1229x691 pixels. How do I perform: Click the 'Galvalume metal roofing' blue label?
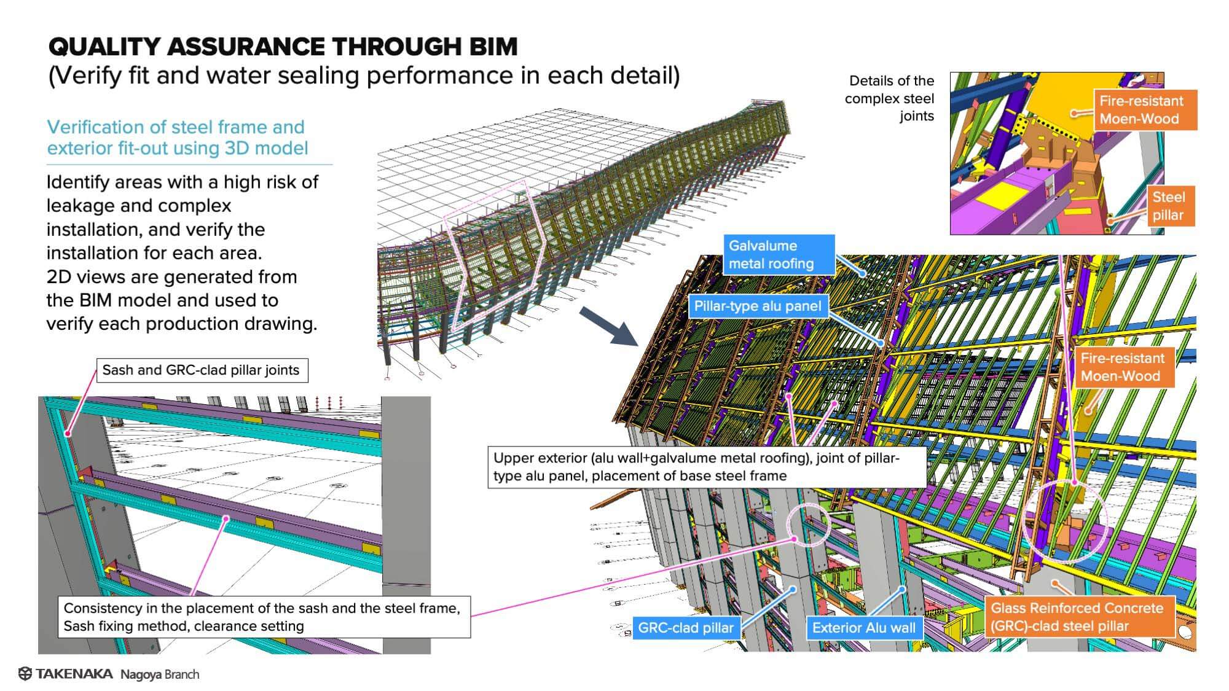(779, 255)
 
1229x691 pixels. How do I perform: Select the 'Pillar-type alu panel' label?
(758, 306)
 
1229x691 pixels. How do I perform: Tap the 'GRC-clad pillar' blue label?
(686, 628)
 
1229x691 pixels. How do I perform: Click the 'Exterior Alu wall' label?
(863, 628)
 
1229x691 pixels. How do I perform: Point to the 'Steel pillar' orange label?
(1168, 206)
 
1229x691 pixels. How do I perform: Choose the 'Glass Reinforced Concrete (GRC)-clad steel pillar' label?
(1077, 617)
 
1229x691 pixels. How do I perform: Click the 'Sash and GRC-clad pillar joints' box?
(201, 370)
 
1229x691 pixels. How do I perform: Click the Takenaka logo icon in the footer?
(25, 674)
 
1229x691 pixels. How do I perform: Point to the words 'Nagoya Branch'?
(160, 674)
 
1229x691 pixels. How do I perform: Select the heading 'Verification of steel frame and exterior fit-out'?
(178, 138)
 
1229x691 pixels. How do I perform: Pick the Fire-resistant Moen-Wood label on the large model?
(1123, 367)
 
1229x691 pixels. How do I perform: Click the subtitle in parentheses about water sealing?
(364, 76)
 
